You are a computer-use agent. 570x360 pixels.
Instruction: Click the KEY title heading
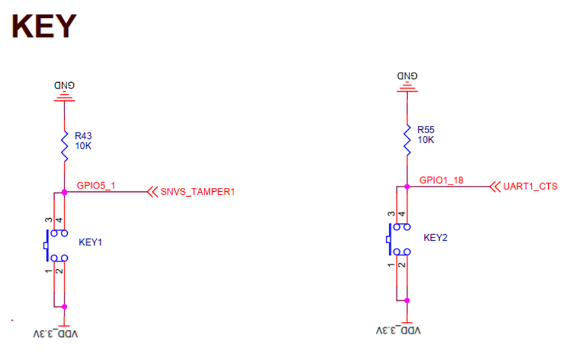44,26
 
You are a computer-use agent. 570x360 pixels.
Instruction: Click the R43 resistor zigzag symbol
64,146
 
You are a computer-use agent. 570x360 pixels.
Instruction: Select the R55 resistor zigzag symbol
407,140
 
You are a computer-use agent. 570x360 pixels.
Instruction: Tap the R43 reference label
83,136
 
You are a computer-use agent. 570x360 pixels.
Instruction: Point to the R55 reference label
426,130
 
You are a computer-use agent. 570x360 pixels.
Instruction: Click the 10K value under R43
83,146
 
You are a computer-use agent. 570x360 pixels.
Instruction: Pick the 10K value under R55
426,140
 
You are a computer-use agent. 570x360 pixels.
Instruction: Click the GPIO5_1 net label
96,186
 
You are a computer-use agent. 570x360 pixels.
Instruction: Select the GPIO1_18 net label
441,181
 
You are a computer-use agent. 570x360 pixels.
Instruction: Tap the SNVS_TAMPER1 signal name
198,192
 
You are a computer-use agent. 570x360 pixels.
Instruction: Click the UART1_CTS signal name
530,187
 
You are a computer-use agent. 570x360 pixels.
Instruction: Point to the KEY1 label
91,243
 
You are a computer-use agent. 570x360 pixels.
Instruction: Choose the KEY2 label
436,238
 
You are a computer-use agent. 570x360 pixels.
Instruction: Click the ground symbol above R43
64,96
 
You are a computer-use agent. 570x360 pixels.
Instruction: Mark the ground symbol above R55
407,87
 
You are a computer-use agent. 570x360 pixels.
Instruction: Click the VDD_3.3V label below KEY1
56,334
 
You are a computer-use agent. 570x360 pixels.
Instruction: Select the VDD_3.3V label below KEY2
398,331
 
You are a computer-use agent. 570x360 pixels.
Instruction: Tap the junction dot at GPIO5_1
64,192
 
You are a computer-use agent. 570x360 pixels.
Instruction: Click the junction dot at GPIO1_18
407,187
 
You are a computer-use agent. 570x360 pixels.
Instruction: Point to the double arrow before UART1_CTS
495,187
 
